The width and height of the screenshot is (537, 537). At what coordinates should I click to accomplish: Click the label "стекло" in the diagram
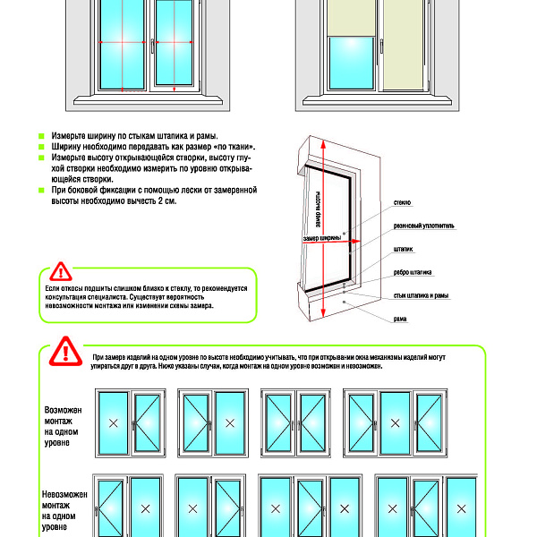pos(402,203)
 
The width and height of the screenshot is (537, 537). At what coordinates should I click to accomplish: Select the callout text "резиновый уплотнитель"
pos(423,226)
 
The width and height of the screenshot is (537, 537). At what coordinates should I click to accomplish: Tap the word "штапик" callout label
pos(403,249)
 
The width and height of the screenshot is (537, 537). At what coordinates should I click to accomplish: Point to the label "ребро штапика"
pos(413,272)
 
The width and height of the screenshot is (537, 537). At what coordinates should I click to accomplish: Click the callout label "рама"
pos(399,319)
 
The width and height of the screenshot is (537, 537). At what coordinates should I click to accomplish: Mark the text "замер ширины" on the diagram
pos(322,238)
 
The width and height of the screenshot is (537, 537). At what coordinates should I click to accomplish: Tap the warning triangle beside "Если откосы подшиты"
pos(60,271)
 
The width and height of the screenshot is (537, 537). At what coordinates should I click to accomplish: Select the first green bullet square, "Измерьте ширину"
pos(42,134)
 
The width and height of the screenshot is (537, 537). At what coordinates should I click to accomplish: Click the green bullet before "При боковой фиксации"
pos(42,191)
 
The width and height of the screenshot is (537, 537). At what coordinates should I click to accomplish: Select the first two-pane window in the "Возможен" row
pos(129,422)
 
